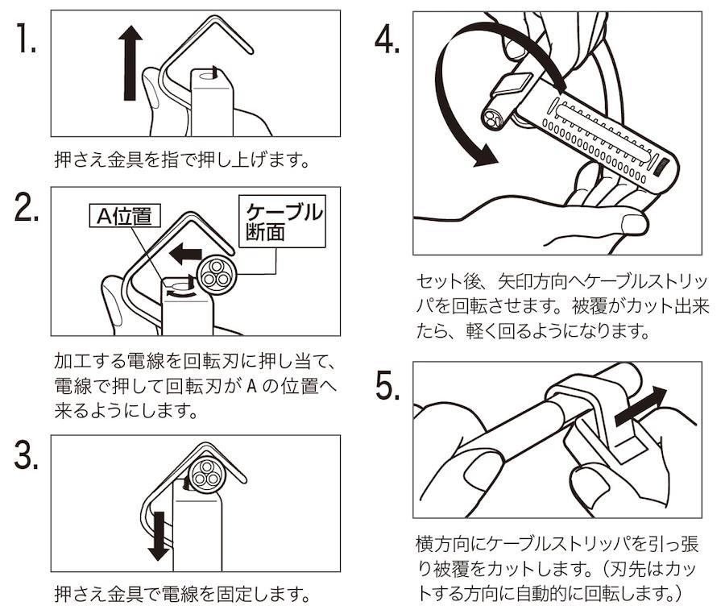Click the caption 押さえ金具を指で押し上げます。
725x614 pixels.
coord(182,159)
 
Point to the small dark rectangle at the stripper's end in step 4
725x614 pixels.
coord(660,166)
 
